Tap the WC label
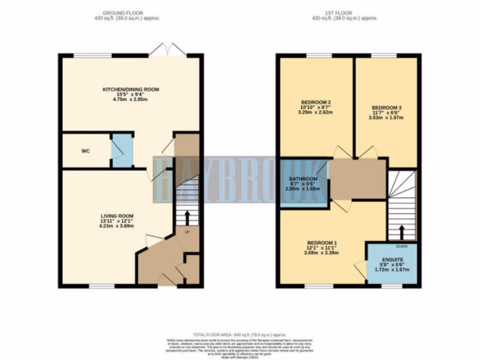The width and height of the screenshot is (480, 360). [85, 151]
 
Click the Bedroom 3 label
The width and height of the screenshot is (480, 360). [386, 107]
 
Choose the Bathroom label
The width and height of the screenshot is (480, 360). [302, 179]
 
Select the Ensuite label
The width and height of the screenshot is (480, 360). [392, 259]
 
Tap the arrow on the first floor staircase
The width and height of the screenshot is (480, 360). [401, 232]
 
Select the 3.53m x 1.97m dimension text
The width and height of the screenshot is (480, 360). [386, 117]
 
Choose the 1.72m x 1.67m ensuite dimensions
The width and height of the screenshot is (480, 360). [392, 270]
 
